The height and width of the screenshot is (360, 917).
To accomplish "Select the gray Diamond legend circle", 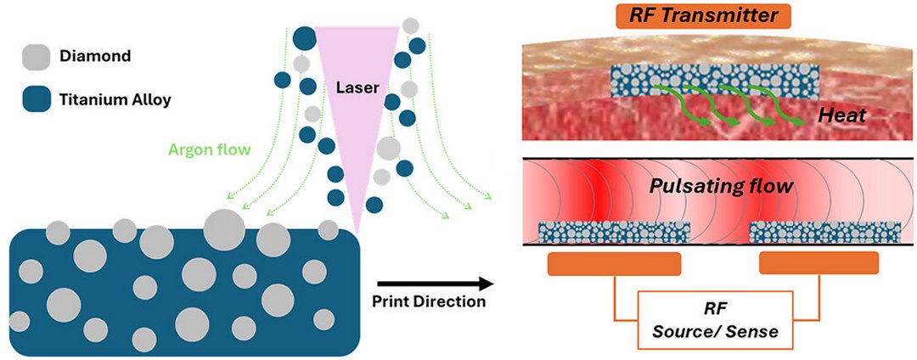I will coord(33,58).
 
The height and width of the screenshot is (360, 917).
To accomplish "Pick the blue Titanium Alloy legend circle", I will coord(33,99).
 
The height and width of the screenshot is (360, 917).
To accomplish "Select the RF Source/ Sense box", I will coord(716,321).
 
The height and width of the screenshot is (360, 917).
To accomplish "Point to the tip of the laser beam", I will coord(357,233).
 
